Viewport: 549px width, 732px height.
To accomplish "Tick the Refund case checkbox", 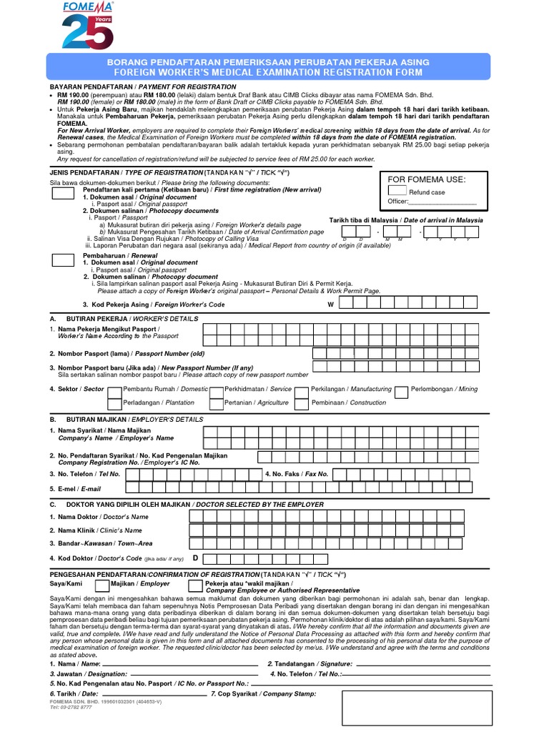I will tap(397, 191).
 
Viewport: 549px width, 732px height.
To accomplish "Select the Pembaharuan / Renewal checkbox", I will tap(63, 259).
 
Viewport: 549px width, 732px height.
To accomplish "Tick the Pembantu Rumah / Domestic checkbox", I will tap(114, 390).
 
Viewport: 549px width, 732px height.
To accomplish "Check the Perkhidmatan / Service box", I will tap(215, 390).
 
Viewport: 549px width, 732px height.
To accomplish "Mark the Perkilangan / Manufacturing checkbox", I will tap(302, 390).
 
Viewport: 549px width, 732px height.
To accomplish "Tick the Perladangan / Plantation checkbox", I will tap(114, 403).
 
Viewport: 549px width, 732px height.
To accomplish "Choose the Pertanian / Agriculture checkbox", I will tap(215, 403).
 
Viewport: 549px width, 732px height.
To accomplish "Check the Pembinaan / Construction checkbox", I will tap(302, 403).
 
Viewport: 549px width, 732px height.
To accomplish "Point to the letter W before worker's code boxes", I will tap(330, 305).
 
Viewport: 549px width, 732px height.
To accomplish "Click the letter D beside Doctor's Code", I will tap(194, 557).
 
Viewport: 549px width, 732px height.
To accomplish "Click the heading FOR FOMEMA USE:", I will tap(426, 179).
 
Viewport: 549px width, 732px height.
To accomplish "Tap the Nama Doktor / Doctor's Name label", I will tap(99, 516).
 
